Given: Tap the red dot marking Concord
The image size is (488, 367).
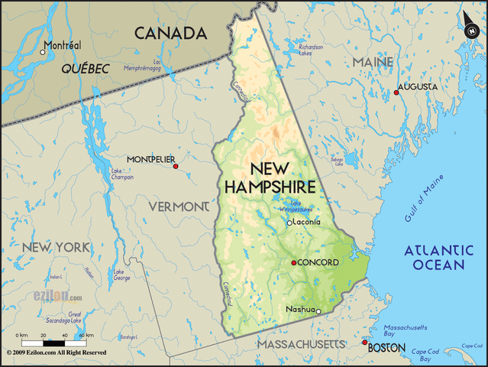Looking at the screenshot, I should coord(293,263).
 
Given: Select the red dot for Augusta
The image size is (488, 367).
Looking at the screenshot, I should coord(396,93).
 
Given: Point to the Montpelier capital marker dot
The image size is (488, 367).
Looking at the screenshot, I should coord(176,166).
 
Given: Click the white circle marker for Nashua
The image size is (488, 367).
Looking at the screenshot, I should coord(318,311).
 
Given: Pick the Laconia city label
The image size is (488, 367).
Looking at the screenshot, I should coord(308,222).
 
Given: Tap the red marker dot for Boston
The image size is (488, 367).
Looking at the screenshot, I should coord(364,343).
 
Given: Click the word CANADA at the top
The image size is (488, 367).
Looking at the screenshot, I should coord(170,33).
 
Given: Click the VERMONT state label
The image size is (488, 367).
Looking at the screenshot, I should coord(178,206).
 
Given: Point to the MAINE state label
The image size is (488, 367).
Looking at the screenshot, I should coord(373,61).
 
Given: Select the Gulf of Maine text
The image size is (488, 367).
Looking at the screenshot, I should coord(423,200).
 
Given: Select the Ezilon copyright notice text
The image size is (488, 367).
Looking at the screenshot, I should coord(57,353).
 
